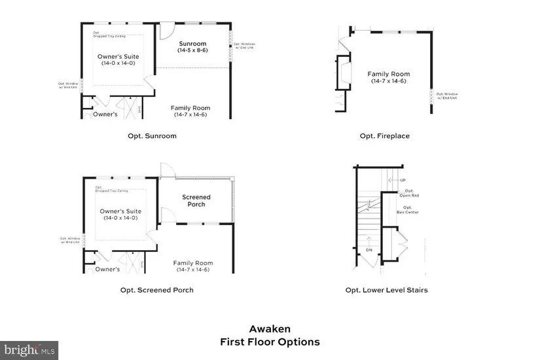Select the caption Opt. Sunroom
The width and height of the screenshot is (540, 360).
tap(152, 136)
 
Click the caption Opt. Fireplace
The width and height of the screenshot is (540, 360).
tap(385, 136)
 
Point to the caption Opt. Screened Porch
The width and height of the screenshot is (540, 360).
tap(156, 289)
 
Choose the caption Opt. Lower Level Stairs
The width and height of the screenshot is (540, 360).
tap(386, 289)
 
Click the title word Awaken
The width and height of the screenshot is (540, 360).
tap(270, 329)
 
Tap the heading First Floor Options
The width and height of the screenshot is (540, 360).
tap(270, 342)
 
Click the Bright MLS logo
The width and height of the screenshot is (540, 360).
tap(30, 350)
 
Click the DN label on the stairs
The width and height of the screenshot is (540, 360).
tap(369, 250)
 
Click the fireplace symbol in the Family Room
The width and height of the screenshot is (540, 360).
tap(343, 73)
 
